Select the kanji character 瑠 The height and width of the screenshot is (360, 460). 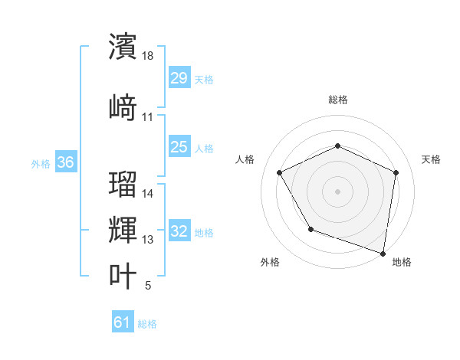123,184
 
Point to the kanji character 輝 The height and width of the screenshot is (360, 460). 123,229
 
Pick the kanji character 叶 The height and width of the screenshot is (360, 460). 123,276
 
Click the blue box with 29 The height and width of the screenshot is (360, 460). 179,78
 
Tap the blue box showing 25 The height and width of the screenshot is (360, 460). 179,147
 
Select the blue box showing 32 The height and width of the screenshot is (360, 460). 179,232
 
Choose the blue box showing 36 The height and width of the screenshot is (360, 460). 66,162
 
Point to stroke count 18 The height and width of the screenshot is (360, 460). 149,56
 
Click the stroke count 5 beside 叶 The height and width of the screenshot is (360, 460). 148,286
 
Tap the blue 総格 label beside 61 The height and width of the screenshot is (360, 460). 147,324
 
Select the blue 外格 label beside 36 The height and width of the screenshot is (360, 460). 41,163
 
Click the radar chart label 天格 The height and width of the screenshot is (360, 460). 431,159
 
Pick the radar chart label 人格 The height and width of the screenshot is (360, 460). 245,159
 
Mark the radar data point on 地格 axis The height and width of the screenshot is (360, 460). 383,252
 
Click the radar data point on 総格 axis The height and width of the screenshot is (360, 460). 337,146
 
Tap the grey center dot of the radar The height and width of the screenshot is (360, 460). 337,191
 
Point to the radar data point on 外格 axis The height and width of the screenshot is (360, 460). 310,229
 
